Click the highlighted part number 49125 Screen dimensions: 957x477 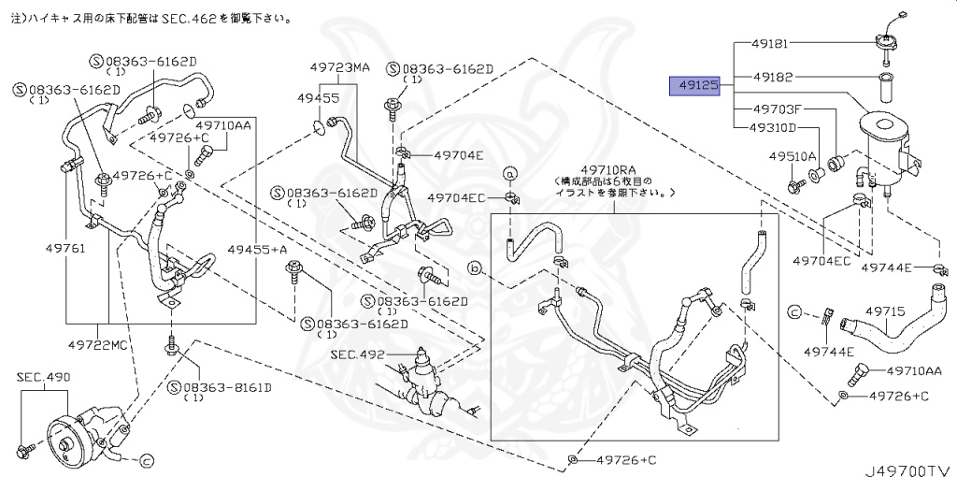[697, 85]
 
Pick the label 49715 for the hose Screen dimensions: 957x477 [884, 311]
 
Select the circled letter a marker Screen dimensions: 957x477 [511, 172]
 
